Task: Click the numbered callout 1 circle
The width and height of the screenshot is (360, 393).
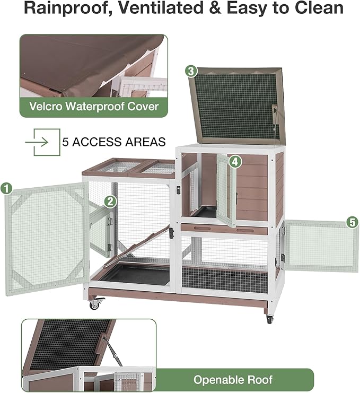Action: coord(7,188)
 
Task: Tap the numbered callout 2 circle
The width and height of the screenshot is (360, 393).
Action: coord(110,201)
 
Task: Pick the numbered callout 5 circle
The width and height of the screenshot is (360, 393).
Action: coord(352,222)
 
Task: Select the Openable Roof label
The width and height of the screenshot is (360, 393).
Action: coord(233,379)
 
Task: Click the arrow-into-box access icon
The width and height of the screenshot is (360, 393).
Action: coord(38,142)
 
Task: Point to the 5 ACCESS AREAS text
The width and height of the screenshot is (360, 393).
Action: coord(114,142)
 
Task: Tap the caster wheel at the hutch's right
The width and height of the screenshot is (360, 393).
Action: coord(269,319)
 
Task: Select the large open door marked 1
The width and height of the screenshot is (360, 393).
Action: coord(45,239)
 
